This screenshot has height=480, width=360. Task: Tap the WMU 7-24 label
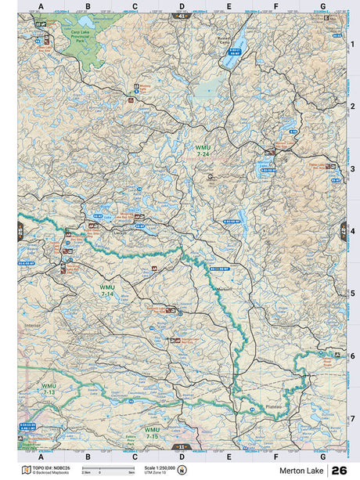tap(203, 151)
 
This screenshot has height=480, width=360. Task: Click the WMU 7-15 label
tap(152, 432)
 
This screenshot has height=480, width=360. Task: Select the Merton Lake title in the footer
tap(301, 470)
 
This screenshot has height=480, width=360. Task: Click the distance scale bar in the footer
tap(98, 468)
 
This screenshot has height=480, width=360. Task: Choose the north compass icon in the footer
tap(183, 470)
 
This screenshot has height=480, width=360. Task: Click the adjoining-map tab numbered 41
tap(182, 16)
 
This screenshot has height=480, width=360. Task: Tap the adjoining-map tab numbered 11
tap(182, 447)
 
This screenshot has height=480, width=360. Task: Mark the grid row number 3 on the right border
tap(352, 168)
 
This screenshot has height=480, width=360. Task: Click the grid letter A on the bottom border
tap(41, 455)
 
